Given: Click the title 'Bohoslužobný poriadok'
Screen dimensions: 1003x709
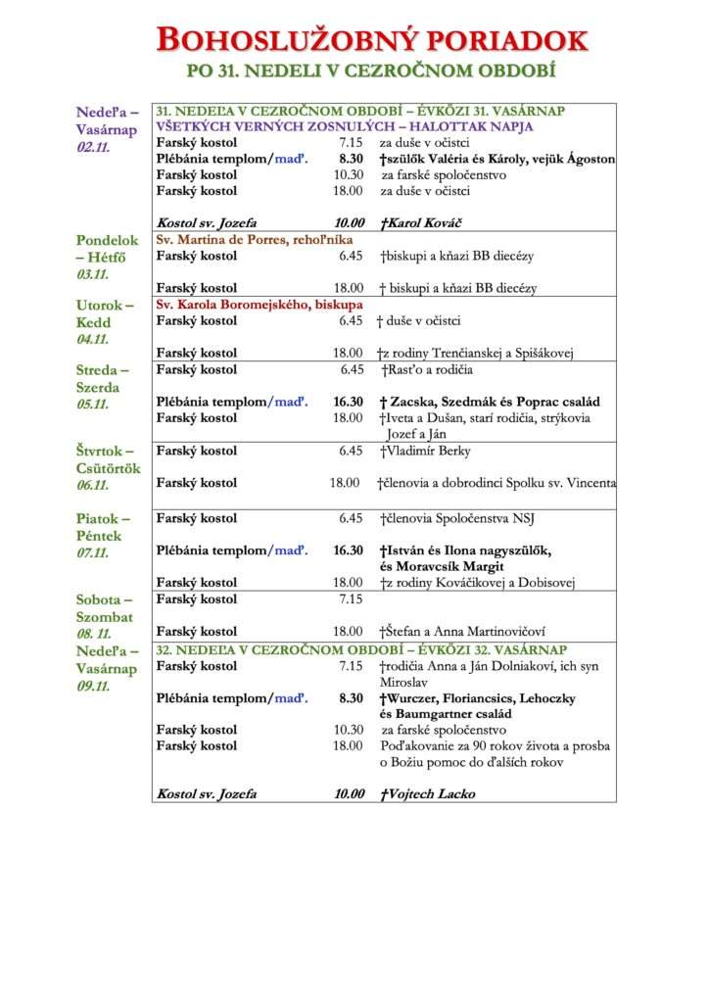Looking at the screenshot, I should point(372,40).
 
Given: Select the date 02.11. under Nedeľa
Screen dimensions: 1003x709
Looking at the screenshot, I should point(93,148).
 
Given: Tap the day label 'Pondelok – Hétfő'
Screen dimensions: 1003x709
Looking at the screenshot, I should point(108,249).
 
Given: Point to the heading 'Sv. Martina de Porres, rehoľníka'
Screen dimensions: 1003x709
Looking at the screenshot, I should point(255,240).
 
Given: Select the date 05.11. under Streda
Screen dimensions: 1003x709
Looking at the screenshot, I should point(93,405).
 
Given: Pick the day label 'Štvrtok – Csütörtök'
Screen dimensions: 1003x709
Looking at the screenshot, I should point(108,459).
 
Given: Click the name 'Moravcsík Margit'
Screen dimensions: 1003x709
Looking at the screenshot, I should point(442,566).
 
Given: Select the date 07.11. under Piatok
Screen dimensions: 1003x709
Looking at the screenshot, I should point(93,553).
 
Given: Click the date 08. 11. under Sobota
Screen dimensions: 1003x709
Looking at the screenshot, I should point(94,635).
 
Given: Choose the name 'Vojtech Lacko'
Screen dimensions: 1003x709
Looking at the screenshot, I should point(431,794).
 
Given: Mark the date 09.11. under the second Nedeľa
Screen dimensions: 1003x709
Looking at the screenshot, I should point(93,687).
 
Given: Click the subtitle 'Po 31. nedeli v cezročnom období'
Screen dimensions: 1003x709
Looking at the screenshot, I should point(372,72).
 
